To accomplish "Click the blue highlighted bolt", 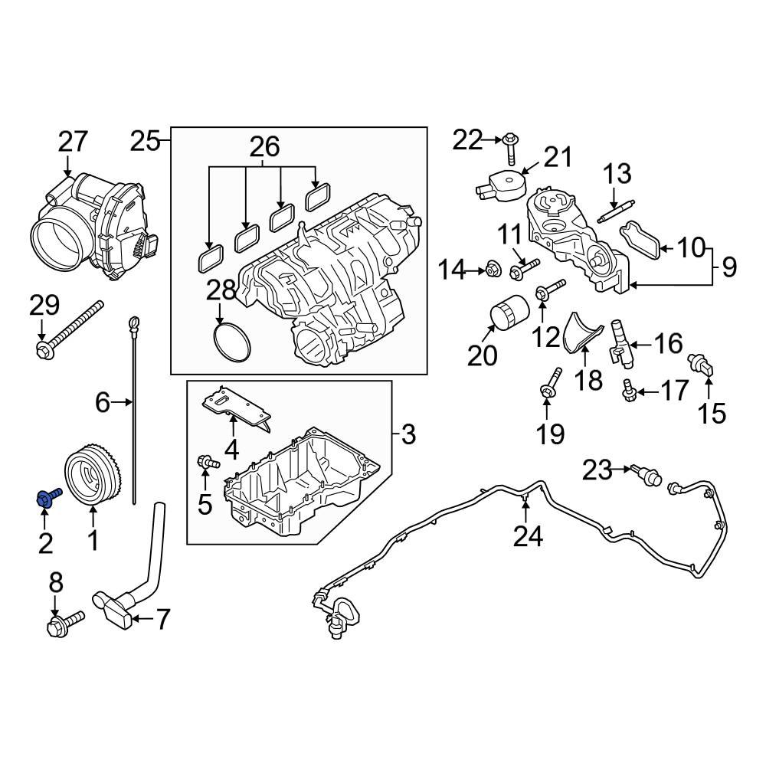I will click(x=47, y=498).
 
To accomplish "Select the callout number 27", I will click(x=74, y=142).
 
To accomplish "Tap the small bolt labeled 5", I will click(x=208, y=462).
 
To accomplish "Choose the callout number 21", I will click(x=557, y=158).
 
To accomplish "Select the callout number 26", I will click(x=262, y=146).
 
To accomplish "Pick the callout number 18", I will click(x=589, y=379).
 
